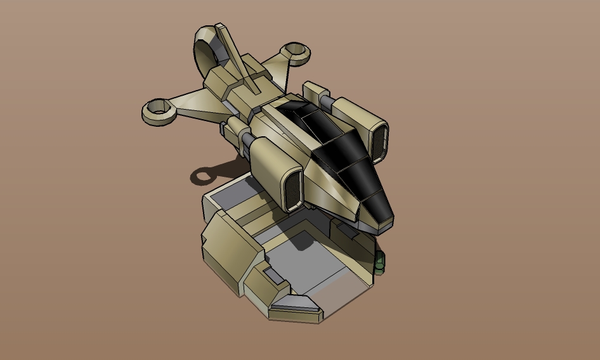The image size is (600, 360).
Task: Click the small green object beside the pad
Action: tap(380, 262)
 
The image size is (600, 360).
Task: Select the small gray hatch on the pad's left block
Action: tap(274, 274)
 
